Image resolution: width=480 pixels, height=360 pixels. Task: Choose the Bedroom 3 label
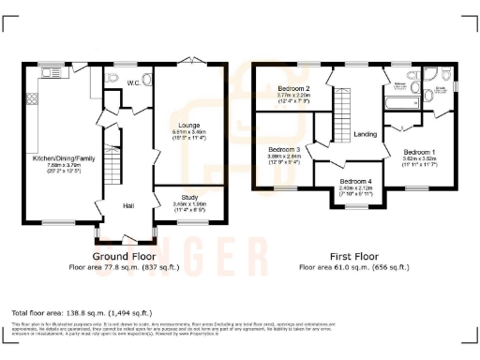(x=285, y=150)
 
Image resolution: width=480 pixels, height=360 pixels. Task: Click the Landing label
(x=366, y=134)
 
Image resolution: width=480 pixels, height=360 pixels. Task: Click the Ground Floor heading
(x=123, y=256)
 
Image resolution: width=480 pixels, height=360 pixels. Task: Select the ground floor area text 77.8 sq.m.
(x=123, y=266)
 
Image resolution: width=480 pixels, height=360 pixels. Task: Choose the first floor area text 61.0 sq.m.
(x=353, y=266)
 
